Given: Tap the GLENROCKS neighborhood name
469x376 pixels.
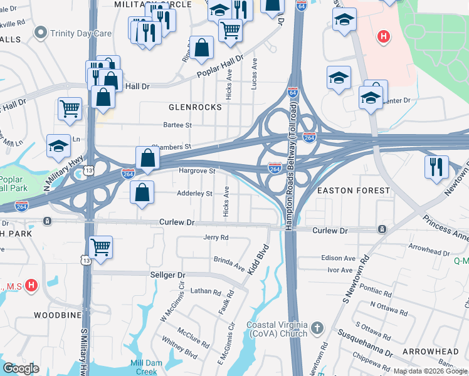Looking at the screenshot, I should click(195, 107).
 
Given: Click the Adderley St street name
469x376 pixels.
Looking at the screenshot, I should click(195, 194).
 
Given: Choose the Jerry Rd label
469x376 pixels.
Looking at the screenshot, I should click(216, 238).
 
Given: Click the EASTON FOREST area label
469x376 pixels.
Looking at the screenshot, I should click(354, 190).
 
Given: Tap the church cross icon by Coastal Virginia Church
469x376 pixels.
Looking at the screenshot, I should click(318, 328).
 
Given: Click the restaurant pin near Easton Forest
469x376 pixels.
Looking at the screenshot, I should click(436, 167).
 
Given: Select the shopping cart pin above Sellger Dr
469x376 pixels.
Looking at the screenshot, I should click(101, 246).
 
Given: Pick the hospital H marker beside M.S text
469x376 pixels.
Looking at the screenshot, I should click(33, 286).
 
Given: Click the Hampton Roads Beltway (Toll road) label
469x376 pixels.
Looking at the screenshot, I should click(292, 164).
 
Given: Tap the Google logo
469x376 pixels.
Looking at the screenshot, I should click(21, 368).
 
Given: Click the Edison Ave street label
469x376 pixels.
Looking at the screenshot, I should click(338, 258).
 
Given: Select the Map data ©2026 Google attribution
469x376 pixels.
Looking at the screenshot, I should click(429, 371).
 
